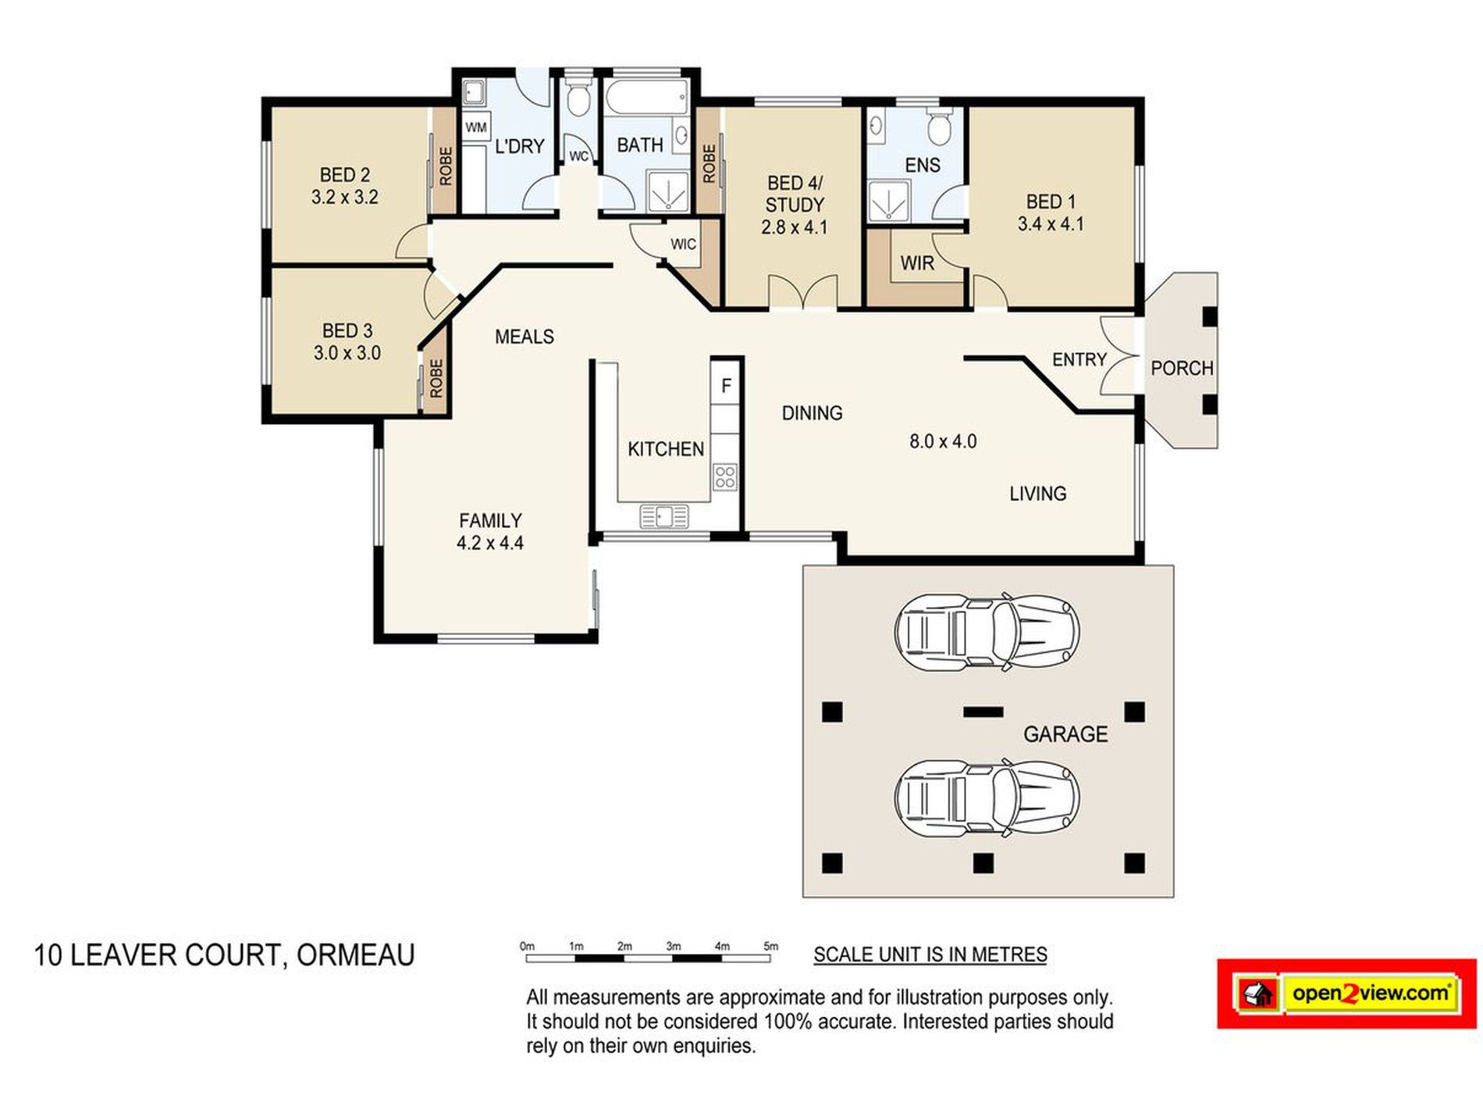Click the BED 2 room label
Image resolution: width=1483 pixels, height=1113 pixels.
(344, 175)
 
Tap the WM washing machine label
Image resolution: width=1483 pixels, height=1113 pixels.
(476, 127)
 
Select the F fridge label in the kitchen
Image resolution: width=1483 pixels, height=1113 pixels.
(726, 386)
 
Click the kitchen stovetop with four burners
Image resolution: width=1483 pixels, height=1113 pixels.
(724, 476)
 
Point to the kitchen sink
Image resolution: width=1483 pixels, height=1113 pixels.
(664, 516)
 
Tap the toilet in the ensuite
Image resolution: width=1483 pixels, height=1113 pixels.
(939, 127)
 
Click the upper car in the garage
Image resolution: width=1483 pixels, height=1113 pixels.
(987, 632)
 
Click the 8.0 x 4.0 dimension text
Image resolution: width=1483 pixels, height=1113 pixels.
(943, 441)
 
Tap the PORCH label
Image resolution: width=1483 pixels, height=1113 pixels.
(1182, 368)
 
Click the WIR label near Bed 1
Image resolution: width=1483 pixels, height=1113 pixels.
(917, 263)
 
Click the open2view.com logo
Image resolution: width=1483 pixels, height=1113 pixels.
(1346, 994)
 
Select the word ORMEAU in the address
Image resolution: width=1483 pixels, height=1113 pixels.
(355, 955)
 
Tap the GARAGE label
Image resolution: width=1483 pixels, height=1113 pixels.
(1065, 734)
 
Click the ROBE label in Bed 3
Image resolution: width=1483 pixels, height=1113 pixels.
(436, 378)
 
